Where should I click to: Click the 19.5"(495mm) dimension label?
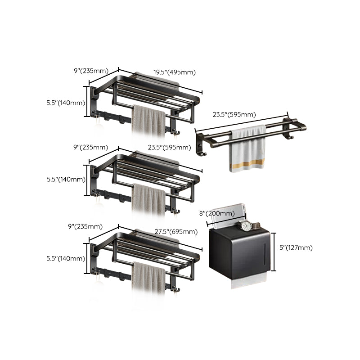point(174,72)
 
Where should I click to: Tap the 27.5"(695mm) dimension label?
point(176,232)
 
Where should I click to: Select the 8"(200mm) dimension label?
point(216,213)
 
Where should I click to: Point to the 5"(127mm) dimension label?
point(296,247)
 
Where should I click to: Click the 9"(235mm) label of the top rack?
point(91,70)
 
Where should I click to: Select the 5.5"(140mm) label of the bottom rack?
point(65,258)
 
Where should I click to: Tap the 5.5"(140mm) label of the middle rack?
point(65,179)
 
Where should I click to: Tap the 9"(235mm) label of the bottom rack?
point(91,226)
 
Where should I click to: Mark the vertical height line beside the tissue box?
point(275,252)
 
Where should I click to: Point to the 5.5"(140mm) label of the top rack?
point(65,103)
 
